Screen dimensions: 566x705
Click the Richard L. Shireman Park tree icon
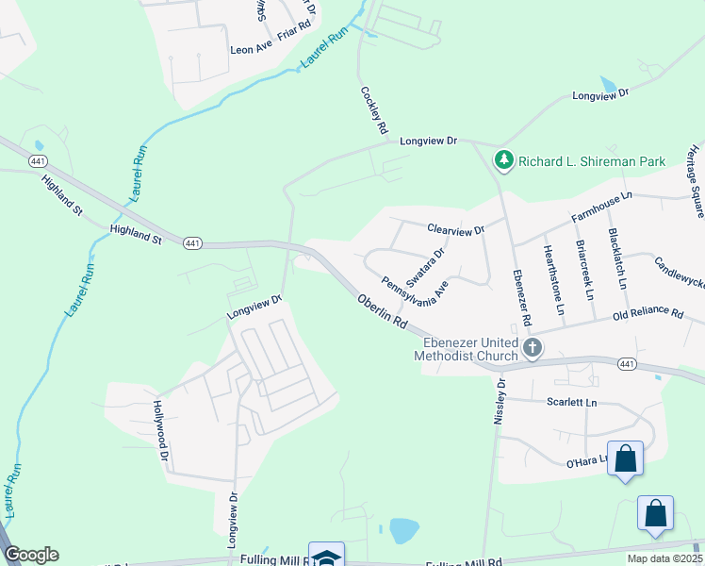click(505, 161)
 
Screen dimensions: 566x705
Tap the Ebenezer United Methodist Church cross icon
click(533, 349)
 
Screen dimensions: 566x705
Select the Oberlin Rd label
click(383, 309)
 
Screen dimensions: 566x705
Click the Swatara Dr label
click(425, 268)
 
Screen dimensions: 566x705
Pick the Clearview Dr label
click(454, 229)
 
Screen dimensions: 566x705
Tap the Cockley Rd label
click(374, 109)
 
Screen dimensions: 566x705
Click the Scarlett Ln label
click(572, 402)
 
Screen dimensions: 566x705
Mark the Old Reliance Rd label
click(647, 312)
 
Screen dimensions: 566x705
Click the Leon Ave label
click(251, 46)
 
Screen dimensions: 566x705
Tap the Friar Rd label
click(294, 45)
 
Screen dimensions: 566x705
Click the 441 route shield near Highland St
click(191, 242)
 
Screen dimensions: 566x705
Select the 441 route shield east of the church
click(627, 363)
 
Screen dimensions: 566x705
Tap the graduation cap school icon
click(326, 557)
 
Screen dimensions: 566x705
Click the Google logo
click(31, 555)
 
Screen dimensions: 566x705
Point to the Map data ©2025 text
click(664, 558)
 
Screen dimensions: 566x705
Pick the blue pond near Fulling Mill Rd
click(403, 530)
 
